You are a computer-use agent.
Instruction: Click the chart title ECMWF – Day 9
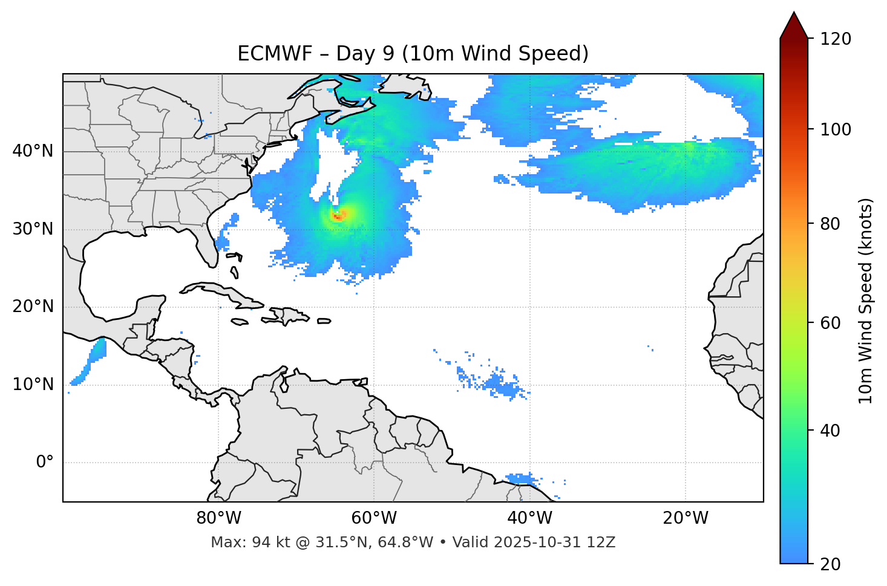413,54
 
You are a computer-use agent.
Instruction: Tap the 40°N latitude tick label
33,151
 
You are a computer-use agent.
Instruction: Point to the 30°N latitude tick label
33,229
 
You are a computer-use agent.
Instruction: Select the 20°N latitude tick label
33,307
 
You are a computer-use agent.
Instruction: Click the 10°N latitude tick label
33,385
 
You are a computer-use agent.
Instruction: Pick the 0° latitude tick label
45,463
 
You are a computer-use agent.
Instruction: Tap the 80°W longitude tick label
218,518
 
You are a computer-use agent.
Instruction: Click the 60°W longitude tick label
374,518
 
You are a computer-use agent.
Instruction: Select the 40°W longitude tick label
529,518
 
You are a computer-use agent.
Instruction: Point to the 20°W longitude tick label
685,518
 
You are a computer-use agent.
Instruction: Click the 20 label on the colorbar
830,564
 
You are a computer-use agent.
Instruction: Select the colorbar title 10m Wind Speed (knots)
866,301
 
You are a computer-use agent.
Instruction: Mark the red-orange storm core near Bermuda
338,215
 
